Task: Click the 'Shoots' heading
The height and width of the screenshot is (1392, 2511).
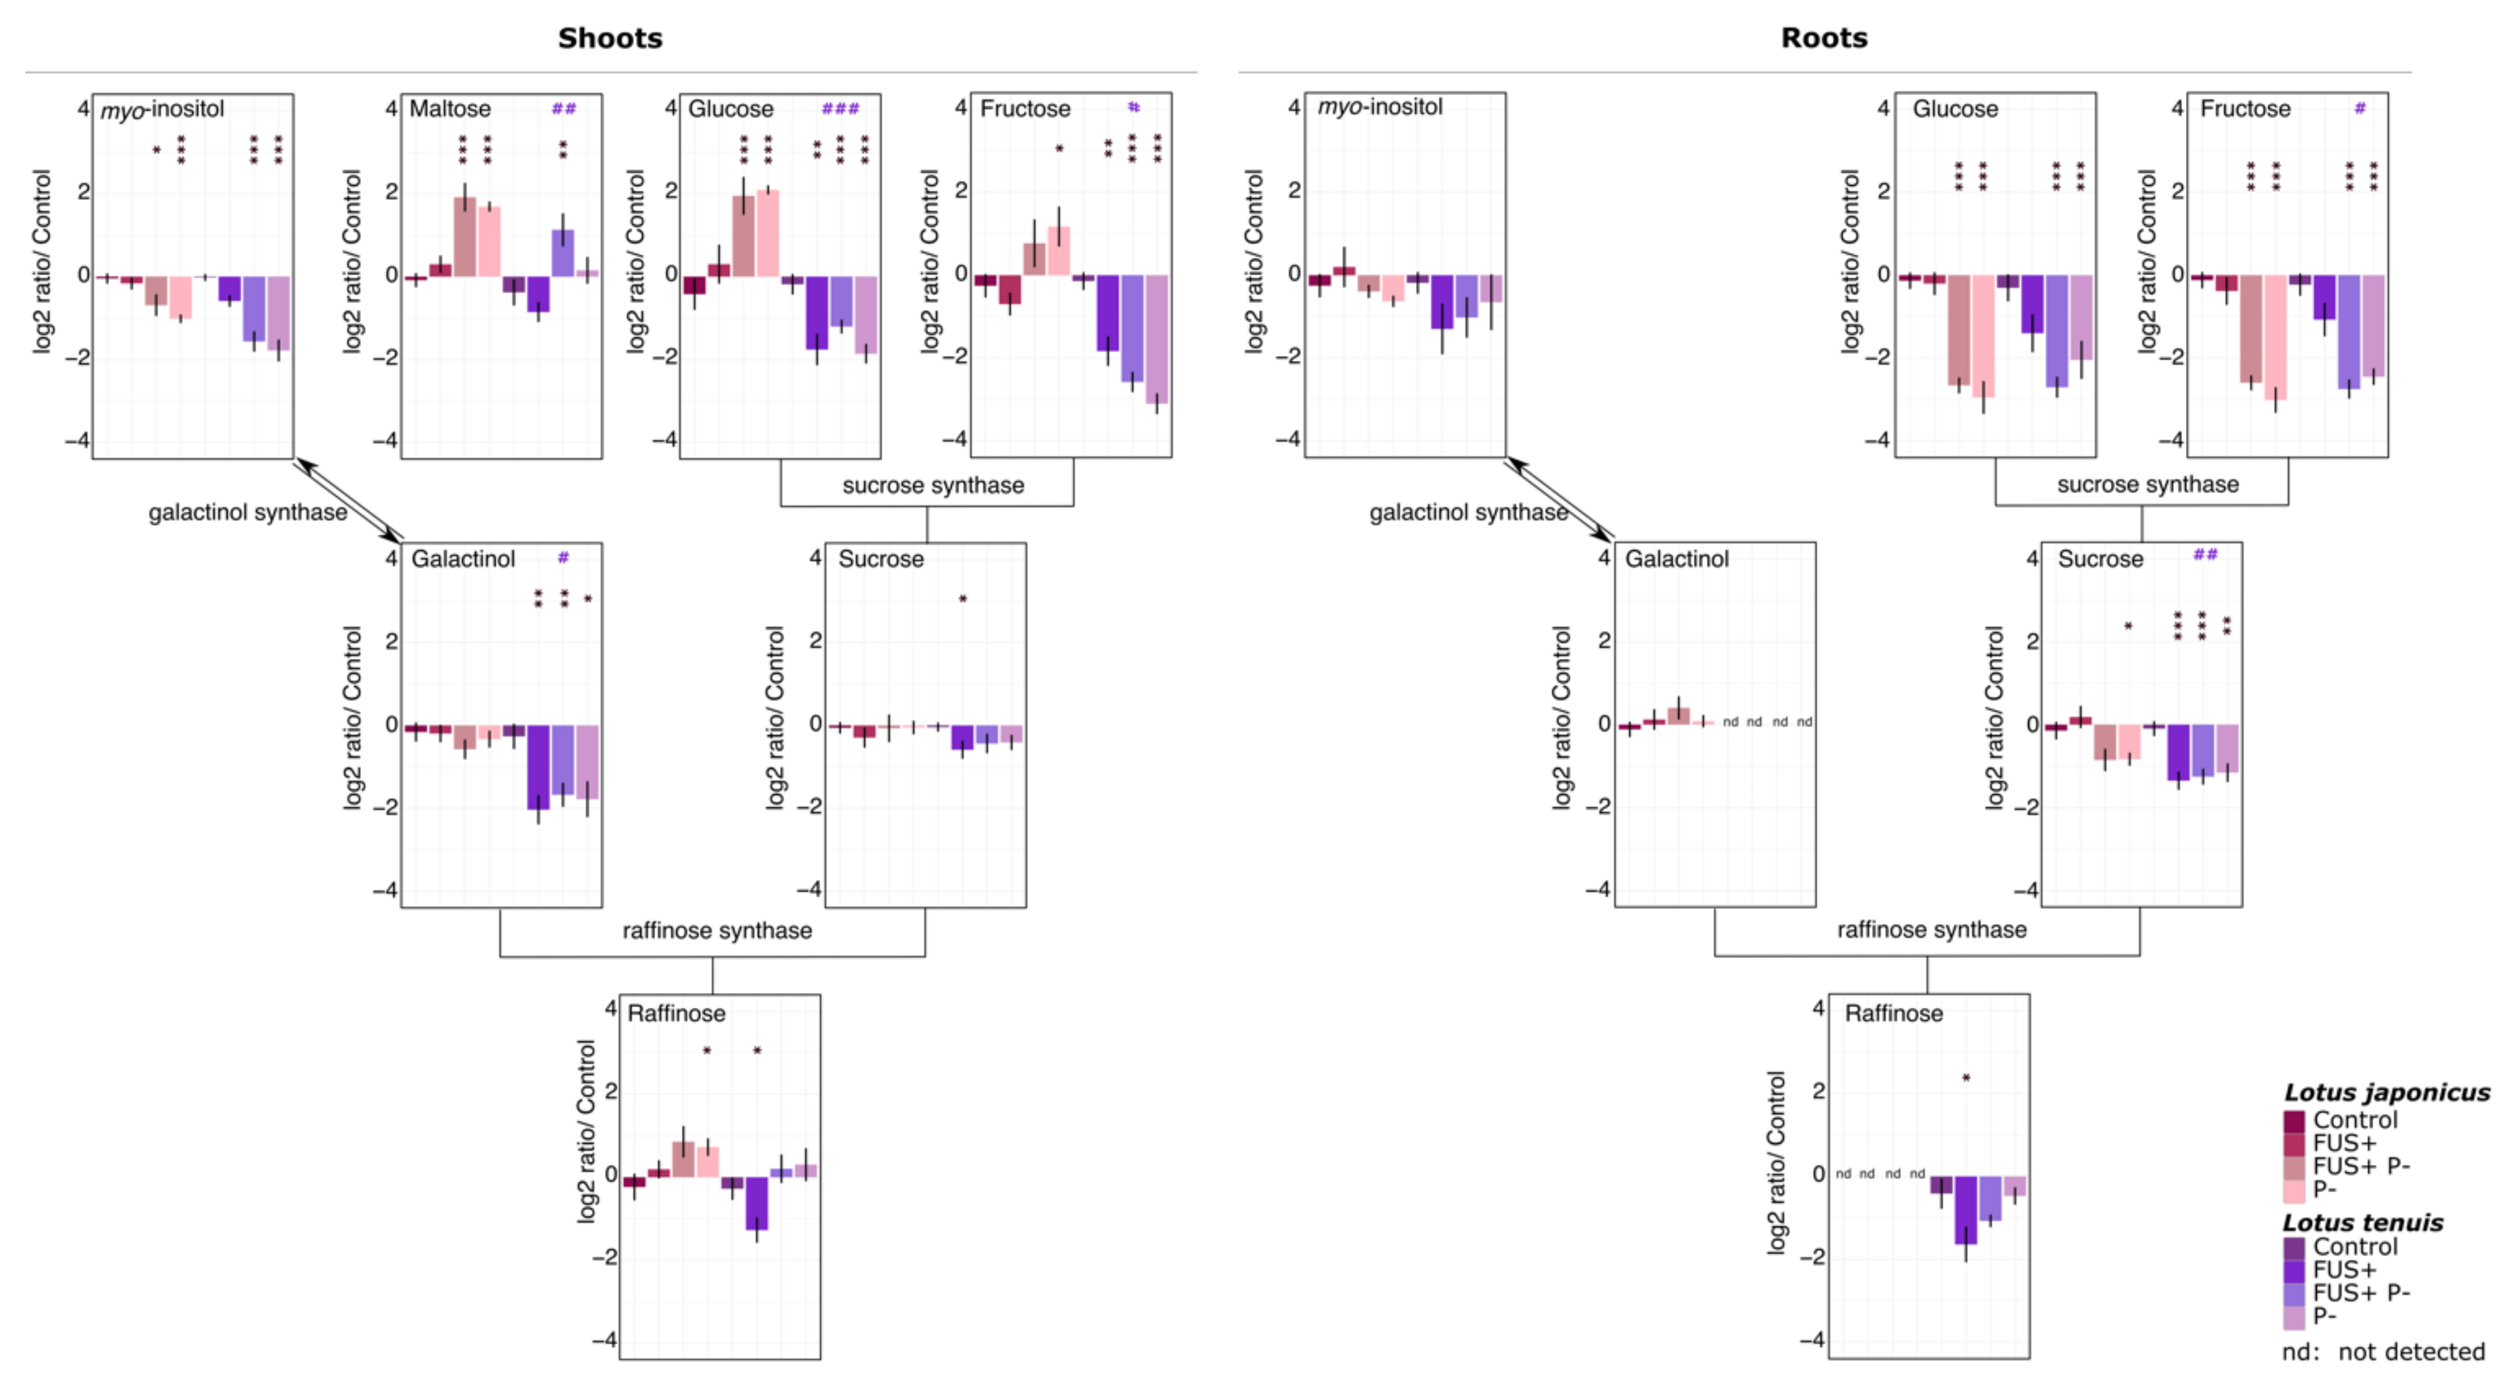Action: click(609, 38)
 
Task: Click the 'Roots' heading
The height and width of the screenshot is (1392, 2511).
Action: click(1823, 38)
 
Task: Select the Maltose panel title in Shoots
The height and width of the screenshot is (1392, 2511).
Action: click(449, 108)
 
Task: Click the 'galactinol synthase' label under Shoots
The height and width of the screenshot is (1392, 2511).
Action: click(248, 513)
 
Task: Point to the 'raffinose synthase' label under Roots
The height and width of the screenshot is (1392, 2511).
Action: click(1931, 930)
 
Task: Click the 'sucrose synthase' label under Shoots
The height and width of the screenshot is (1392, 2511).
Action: click(933, 486)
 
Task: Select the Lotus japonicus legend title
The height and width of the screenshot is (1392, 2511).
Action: click(2386, 1093)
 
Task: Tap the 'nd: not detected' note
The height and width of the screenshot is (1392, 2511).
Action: click(2383, 1352)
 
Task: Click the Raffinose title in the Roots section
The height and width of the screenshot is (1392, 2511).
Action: click(1893, 1014)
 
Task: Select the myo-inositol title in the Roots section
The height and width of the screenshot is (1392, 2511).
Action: click(1379, 107)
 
